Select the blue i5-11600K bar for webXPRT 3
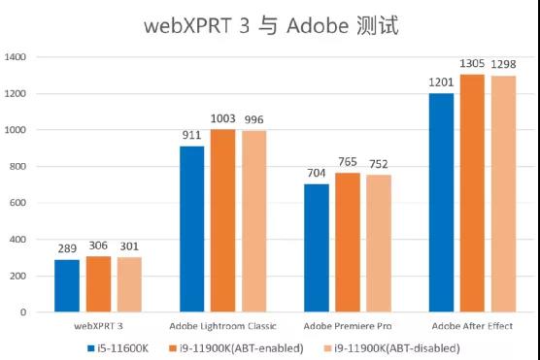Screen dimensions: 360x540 [67, 286]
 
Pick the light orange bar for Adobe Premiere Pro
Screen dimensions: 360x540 [379, 244]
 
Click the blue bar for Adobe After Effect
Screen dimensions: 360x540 [441, 203]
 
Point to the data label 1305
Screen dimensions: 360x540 [472, 64]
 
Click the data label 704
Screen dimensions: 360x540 [317, 174]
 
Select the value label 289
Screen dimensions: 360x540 [67, 249]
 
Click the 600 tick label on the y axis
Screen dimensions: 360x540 [18, 203]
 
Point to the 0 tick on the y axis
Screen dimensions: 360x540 [24, 312]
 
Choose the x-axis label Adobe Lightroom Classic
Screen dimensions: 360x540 [222, 326]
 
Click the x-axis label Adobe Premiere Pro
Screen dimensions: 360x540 [348, 326]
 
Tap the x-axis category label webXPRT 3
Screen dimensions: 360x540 [98, 326]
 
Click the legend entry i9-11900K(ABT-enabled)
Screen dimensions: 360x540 [241, 346]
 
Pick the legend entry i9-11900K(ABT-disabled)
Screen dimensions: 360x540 [397, 346]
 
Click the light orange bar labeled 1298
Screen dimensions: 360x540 [503, 194]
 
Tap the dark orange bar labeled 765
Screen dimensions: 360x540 [348, 243]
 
